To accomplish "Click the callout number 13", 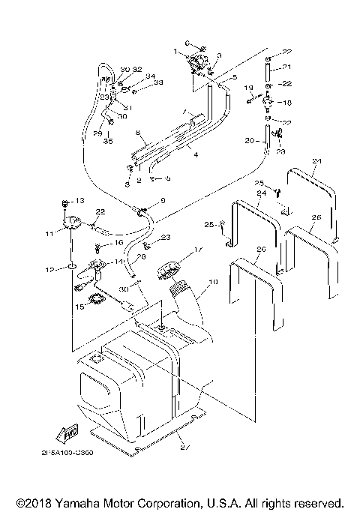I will [81, 202].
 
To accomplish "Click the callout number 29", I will [96, 132].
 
